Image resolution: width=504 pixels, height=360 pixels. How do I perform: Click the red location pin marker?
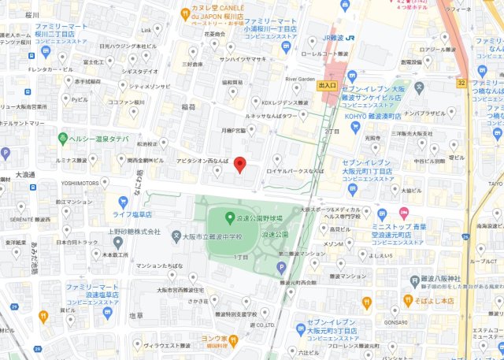tap(241, 167)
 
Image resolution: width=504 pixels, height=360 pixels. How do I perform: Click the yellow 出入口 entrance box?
tap(327, 85)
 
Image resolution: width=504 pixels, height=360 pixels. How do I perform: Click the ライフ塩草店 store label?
tap(132, 214)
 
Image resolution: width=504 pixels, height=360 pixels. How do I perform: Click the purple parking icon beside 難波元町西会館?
tap(281, 269)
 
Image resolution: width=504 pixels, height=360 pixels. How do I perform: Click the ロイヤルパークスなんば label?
tap(297, 170)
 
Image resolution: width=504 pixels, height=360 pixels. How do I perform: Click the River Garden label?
tap(300, 79)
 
